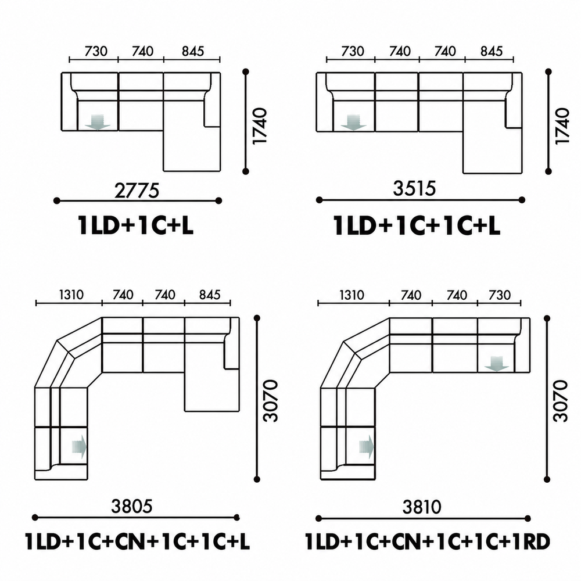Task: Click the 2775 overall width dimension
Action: (x=137, y=191)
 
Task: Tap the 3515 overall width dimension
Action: (x=414, y=188)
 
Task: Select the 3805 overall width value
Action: (x=132, y=506)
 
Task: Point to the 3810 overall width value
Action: (x=422, y=507)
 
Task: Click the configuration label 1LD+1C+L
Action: (x=135, y=225)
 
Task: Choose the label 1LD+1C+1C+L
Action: (x=417, y=225)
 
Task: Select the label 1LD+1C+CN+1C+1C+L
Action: (x=137, y=541)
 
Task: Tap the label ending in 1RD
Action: (x=427, y=541)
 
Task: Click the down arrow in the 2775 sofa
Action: (x=98, y=122)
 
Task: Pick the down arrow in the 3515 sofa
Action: (x=353, y=123)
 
